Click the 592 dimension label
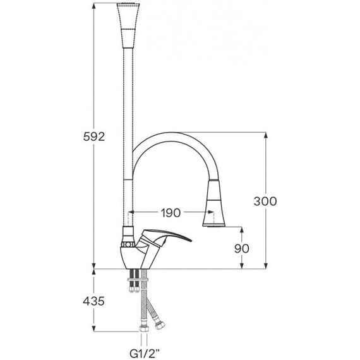pos(94,137)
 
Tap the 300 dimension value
pos(265,201)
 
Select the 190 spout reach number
pos(171,213)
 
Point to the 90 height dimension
pos(242,248)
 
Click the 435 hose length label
pos(93,301)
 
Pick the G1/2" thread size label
pos(145,354)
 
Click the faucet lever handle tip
pos(190,241)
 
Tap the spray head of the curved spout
pos(214,203)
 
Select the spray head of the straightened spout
pos(128,25)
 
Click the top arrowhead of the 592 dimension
pos(93,6)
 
